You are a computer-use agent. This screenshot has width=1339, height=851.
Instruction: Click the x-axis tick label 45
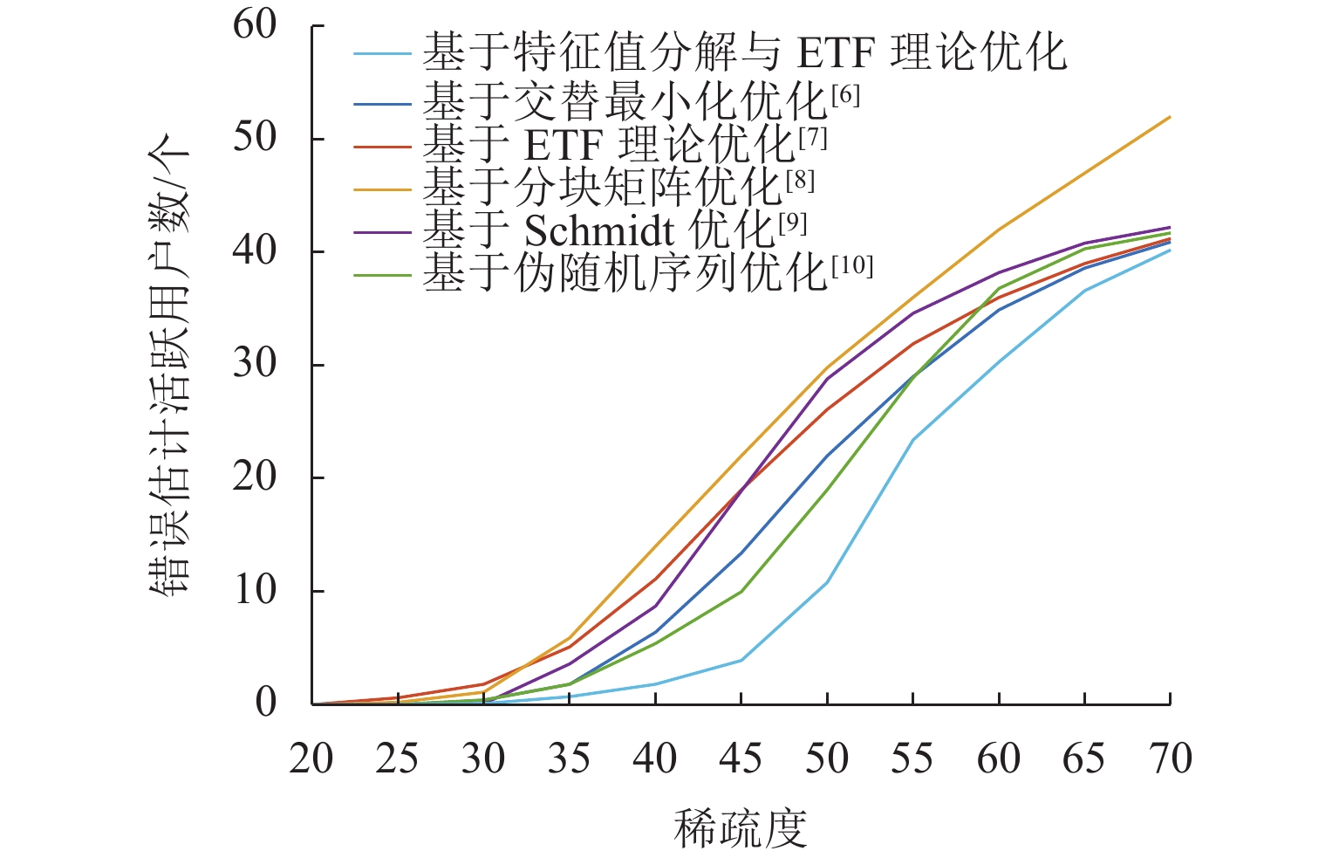pos(740,759)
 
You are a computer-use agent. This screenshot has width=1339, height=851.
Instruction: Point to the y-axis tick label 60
pos(254,25)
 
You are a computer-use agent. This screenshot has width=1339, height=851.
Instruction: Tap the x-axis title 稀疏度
pos(740,827)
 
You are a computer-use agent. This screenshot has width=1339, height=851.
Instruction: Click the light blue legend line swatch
pos(382,54)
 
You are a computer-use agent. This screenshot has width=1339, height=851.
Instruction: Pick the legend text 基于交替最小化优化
pos(625,102)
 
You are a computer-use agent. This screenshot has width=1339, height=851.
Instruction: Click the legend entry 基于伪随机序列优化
pos(625,272)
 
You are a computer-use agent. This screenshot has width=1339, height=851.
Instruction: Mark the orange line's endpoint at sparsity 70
pos(1170,117)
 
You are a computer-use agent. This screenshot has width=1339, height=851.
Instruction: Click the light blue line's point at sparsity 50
pos(826,582)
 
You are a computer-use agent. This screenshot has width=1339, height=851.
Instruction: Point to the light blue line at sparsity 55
pos(912,439)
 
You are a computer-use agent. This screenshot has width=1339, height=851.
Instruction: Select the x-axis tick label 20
pos(311,759)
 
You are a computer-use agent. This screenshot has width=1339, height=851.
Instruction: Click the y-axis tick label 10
pos(254,591)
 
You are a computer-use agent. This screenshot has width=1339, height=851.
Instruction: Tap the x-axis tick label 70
pos(1170,759)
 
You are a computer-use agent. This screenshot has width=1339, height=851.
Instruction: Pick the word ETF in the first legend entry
pos(836,54)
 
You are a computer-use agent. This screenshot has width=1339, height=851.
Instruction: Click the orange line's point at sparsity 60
pos(998,230)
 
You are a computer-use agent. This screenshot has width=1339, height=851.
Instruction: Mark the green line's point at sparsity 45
pos(741,592)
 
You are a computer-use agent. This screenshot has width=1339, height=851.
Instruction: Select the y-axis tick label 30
pos(254,365)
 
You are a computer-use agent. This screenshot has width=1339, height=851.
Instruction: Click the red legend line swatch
pos(382,145)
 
